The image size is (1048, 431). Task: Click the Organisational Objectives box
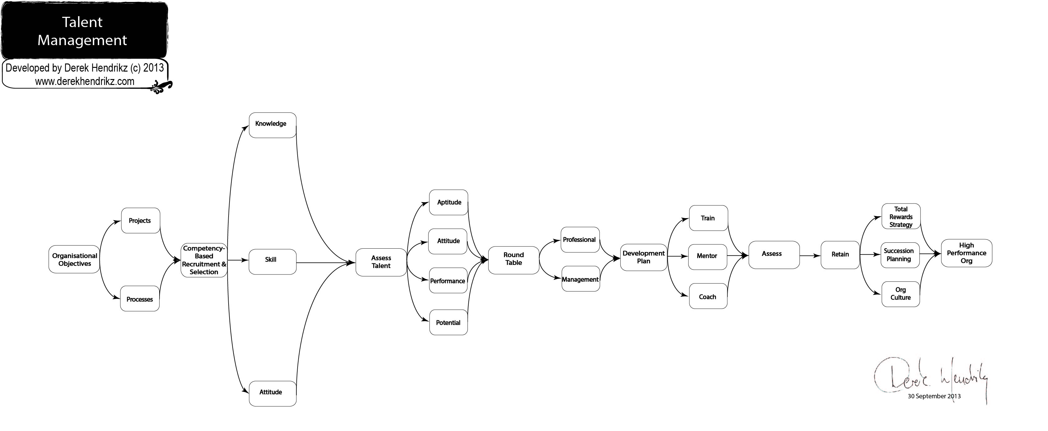coord(74,259)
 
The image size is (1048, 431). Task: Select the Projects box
coord(140,221)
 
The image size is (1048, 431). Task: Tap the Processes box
coord(140,299)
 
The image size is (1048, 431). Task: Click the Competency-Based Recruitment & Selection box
coord(204,260)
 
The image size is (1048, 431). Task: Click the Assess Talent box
coord(381,263)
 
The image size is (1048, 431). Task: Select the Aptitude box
coord(448,202)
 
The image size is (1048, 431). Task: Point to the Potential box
coord(448,322)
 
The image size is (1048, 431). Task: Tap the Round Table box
coord(514,260)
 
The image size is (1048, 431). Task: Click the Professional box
coord(581,240)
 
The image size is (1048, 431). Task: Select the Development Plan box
coord(644,257)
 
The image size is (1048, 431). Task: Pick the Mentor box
coord(707,257)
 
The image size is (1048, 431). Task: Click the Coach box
coord(708,296)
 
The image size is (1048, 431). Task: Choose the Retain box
coord(840,255)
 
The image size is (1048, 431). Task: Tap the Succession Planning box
coord(900,255)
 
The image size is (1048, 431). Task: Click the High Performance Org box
coord(967,253)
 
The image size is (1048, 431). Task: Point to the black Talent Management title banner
coord(84,30)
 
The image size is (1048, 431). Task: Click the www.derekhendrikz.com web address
coord(85,82)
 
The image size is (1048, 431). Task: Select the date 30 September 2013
coord(934,396)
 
